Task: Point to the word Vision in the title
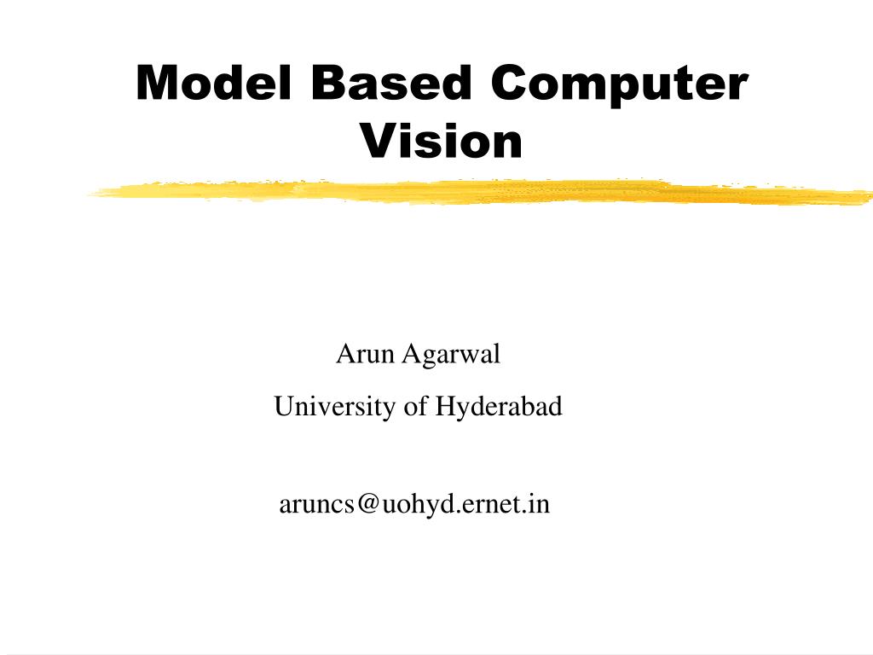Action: pyautogui.click(x=441, y=141)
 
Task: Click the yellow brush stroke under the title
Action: pyautogui.click(x=477, y=193)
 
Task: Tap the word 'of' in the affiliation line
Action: pyautogui.click(x=415, y=407)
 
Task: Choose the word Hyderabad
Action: pyautogui.click(x=500, y=408)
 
